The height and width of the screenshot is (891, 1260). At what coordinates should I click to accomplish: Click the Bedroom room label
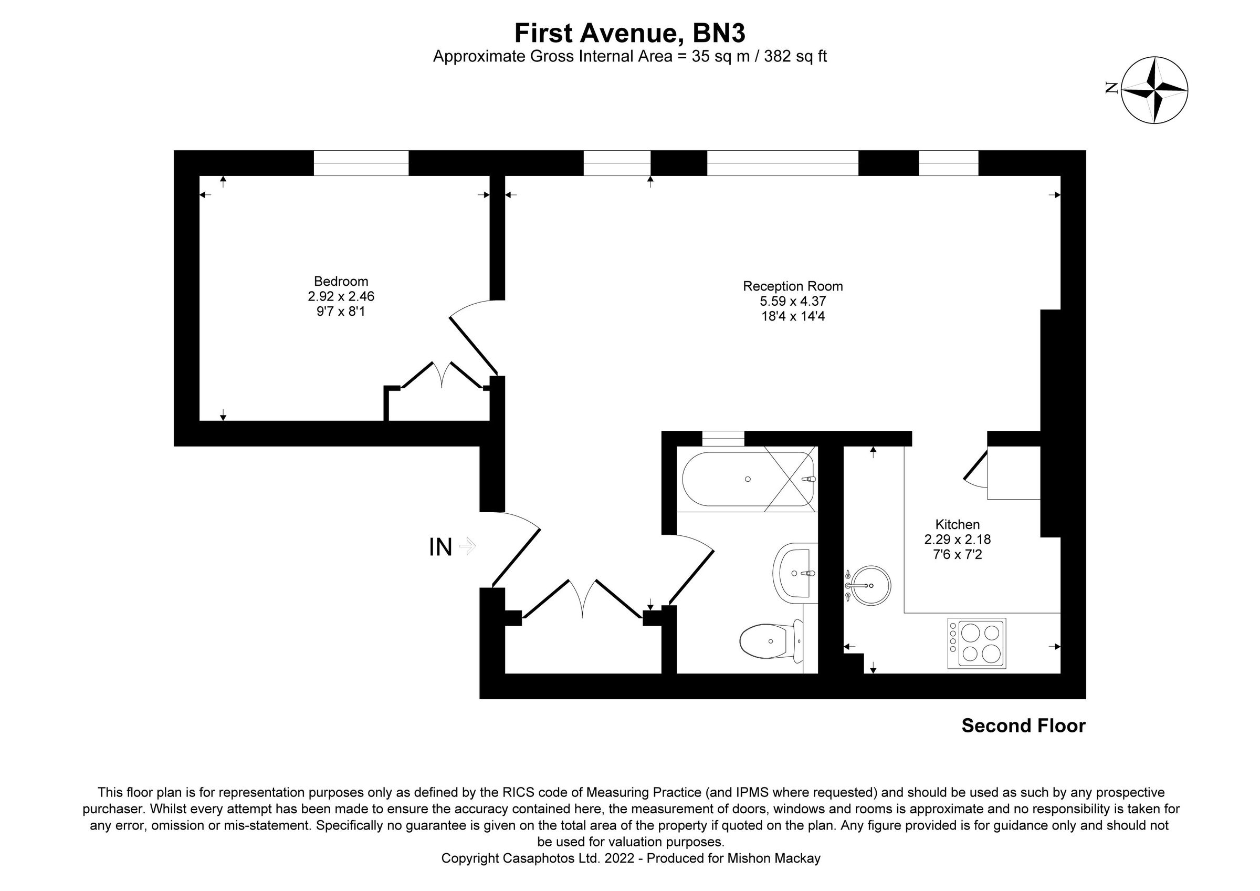(x=341, y=282)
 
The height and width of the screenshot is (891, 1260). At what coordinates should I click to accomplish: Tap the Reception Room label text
(x=792, y=286)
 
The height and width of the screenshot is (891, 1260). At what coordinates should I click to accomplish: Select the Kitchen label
(x=957, y=524)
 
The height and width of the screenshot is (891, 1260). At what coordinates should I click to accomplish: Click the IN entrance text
(x=440, y=547)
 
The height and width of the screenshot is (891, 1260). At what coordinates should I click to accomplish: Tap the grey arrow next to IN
(x=467, y=546)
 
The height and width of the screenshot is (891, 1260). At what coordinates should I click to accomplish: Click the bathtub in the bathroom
(x=748, y=479)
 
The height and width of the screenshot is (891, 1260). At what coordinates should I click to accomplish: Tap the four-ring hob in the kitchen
(x=976, y=644)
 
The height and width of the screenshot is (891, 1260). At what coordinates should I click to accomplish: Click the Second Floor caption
(x=1023, y=726)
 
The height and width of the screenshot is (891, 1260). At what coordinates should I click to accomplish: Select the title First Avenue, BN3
(x=629, y=33)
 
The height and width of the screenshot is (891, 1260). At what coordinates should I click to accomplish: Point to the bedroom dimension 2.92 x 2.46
(x=341, y=296)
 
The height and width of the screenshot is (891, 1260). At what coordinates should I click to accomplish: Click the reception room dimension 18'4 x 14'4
(x=792, y=316)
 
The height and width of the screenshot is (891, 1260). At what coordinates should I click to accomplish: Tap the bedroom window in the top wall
(x=361, y=163)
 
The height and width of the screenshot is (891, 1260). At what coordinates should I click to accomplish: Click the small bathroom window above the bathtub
(x=723, y=439)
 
